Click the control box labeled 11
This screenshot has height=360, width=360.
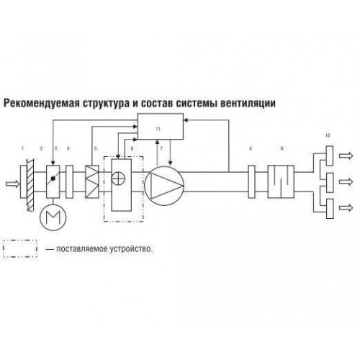(x=160, y=127)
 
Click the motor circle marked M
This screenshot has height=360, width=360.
(x=53, y=217)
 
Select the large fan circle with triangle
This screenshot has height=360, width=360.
(x=164, y=186)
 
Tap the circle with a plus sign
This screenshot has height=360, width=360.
(x=119, y=178)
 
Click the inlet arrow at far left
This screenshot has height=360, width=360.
(x=12, y=184)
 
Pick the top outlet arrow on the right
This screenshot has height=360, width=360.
(x=346, y=156)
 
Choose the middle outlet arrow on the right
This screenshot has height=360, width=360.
(x=346, y=181)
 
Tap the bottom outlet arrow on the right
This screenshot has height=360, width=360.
(x=346, y=207)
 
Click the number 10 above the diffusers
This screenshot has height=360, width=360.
(x=328, y=135)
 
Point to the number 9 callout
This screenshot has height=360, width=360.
(x=282, y=148)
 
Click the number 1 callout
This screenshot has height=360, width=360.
(x=22, y=148)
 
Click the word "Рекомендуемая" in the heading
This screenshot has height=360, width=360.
(x=41, y=104)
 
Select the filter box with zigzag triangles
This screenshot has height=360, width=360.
(x=92, y=181)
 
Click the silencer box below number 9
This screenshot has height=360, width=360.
(x=281, y=181)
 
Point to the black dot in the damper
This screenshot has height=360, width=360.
(x=53, y=179)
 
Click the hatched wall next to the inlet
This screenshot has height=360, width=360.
(x=31, y=184)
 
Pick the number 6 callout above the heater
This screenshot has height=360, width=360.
(x=132, y=148)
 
